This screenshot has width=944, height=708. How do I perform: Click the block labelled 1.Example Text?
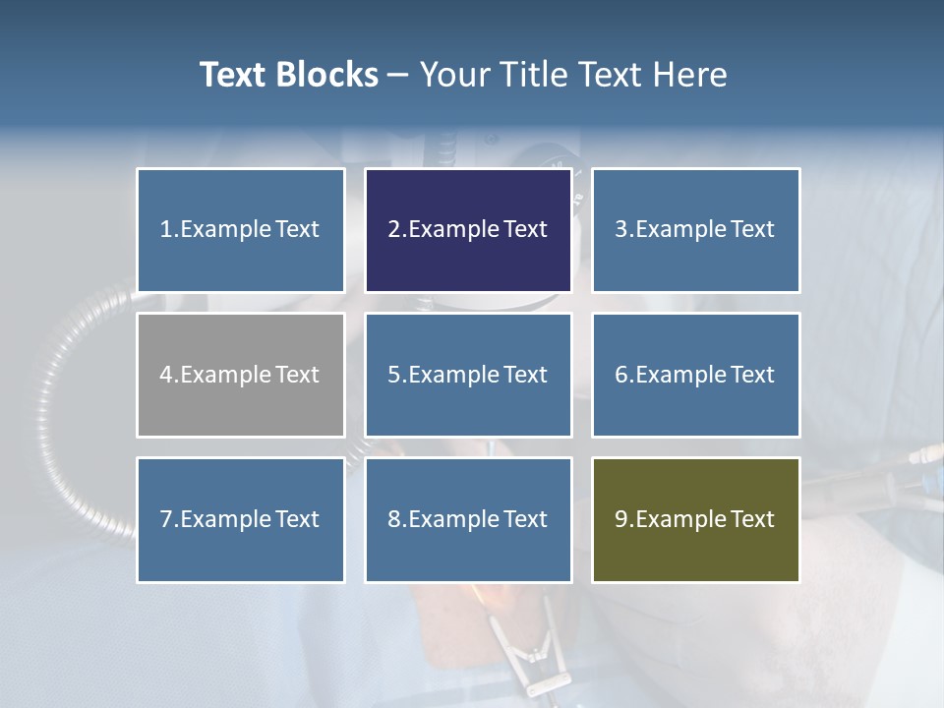point(240,230)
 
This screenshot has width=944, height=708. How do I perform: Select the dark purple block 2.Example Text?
point(468,230)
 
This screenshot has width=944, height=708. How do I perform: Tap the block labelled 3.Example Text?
point(695,230)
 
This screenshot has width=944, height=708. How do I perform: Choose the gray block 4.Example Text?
point(240,375)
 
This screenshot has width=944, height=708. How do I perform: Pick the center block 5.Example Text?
point(468,375)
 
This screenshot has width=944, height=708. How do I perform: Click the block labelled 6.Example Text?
point(695,375)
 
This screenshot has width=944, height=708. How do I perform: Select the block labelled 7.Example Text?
point(240,519)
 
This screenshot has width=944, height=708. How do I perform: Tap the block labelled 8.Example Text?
point(468,519)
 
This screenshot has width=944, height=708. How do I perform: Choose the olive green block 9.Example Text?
point(695,519)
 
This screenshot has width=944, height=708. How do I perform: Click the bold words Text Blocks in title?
point(288,75)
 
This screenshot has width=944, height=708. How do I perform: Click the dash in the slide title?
point(398,76)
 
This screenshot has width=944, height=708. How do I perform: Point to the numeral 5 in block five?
point(393,375)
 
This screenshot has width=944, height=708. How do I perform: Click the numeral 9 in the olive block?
point(620,519)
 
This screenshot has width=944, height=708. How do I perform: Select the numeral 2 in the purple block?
point(393,230)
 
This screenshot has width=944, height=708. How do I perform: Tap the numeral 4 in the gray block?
point(165,375)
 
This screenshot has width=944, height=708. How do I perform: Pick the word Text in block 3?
point(752,230)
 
